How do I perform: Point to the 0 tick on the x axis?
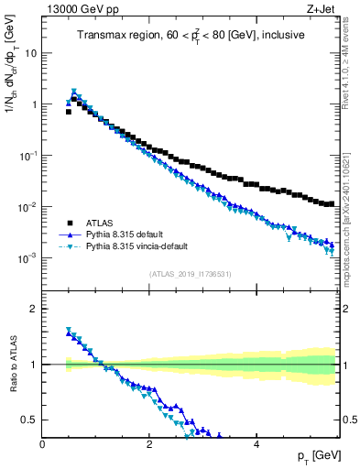pos(43,444)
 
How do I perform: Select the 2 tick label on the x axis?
pos(148,444)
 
